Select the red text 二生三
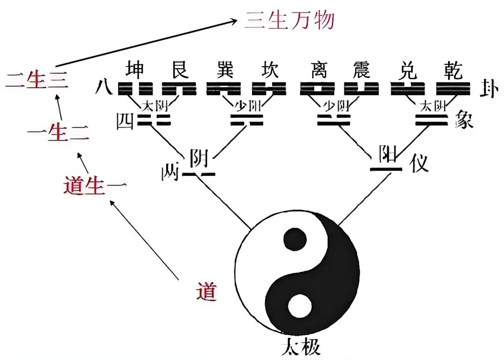[37, 80]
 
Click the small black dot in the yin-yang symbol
[295, 239]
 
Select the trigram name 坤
[135, 71]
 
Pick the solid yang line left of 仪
[385, 168]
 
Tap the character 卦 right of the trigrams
[487, 88]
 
